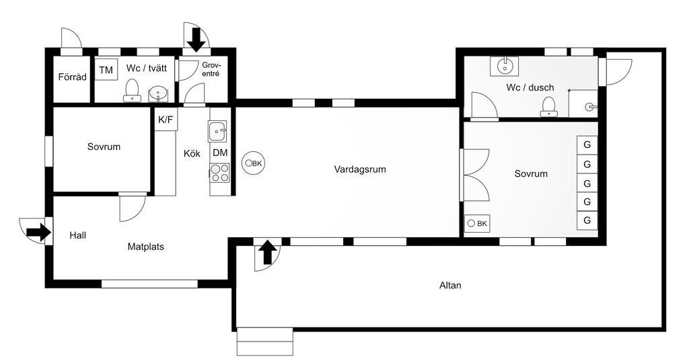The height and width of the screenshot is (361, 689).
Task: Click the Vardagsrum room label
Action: coord(360,169)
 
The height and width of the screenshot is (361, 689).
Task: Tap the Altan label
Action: coord(450,285)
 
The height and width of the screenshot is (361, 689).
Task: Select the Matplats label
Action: coord(146,247)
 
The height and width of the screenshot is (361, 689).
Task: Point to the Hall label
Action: coord(78,236)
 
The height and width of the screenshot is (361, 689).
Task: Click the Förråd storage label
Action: coord(72,77)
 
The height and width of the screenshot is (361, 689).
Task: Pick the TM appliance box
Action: coord(106,71)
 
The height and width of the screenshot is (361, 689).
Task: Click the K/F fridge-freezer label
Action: coord(166,120)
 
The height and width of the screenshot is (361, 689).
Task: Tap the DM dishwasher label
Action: coord(220,153)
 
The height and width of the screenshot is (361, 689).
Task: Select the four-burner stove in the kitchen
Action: coord(220,173)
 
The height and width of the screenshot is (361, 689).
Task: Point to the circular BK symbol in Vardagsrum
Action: coord(254,163)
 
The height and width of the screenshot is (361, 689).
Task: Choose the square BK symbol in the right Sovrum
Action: coord(477,223)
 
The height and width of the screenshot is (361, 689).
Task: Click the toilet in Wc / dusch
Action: coord(550,107)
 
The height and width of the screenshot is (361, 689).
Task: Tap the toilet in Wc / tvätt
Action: coord(133,90)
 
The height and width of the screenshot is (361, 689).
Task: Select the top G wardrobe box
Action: coord(587,145)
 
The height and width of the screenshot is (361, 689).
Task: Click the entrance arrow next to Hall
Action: coord(38,233)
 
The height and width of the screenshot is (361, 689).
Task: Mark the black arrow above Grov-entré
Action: coord(196,38)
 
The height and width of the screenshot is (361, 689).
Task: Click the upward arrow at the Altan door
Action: coord(267,253)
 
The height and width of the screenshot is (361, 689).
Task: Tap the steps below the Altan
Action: coord(265,341)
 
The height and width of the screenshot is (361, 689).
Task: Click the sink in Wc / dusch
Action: coord(505,65)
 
